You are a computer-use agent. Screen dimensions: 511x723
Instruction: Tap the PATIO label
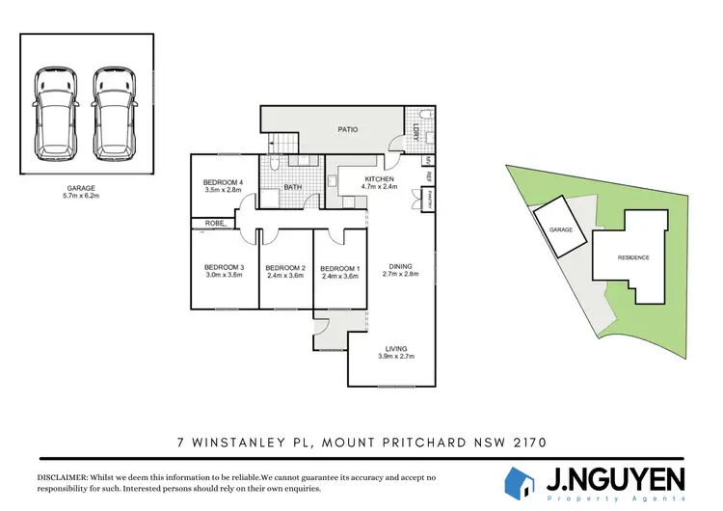[348, 129]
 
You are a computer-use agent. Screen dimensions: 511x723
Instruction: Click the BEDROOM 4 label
[223, 182]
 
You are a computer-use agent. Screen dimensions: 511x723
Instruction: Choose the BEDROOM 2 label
[284, 268]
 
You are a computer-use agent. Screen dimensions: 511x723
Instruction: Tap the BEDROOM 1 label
[339, 268]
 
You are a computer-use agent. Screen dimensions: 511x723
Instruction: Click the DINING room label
[402, 266]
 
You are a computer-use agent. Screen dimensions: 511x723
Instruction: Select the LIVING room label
[396, 348]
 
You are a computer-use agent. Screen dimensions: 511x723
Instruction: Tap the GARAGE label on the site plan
[561, 230]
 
